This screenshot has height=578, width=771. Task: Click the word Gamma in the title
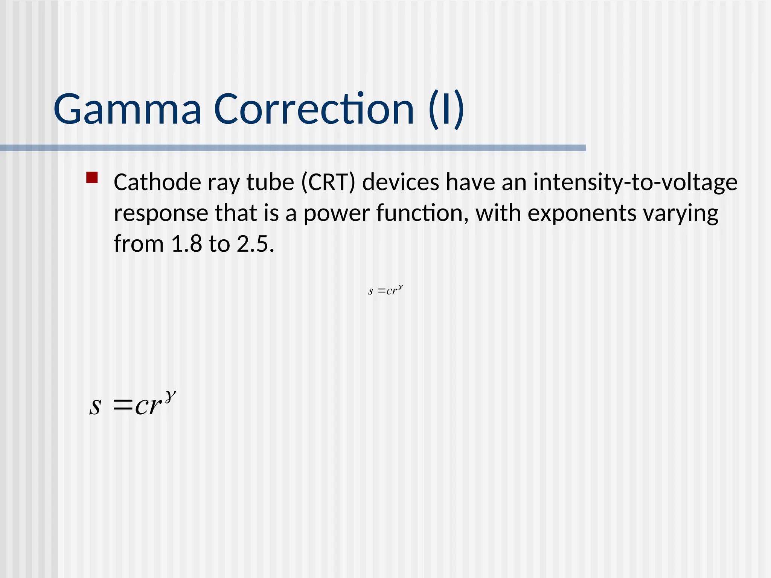(127, 110)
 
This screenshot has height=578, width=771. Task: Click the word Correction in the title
(314, 110)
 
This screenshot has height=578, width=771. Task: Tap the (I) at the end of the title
(446, 110)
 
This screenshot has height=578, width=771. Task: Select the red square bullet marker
(92, 178)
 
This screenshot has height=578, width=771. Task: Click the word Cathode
(158, 183)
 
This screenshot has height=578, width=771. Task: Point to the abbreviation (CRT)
(328, 183)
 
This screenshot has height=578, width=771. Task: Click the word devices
(401, 183)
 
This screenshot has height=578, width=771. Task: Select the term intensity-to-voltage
(635, 183)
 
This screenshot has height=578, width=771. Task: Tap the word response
(161, 213)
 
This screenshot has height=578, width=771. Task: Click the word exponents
(582, 213)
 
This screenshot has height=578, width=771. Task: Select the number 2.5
(254, 244)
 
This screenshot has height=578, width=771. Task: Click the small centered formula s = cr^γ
(385, 291)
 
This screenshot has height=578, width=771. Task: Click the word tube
(270, 183)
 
